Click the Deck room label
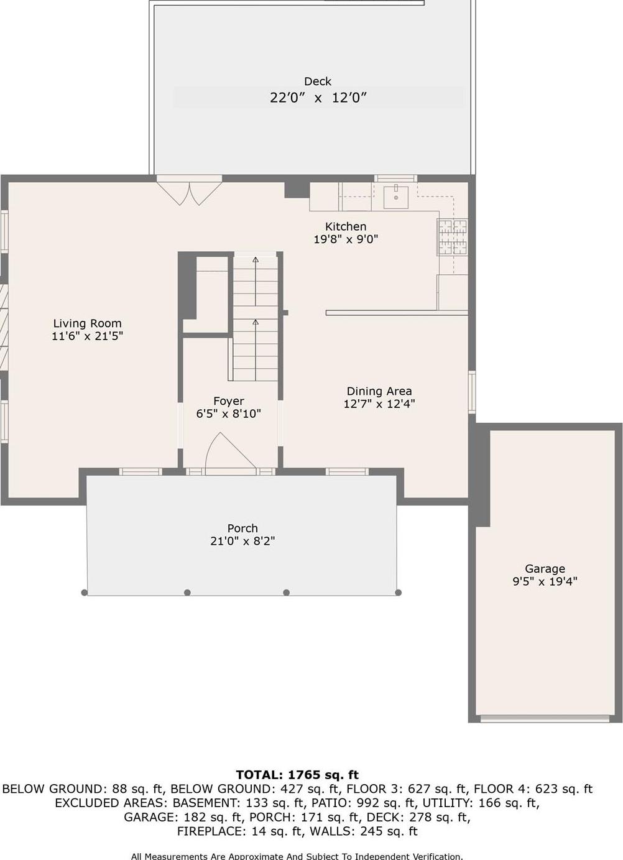[x=317, y=81]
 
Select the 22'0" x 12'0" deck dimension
[x=318, y=98]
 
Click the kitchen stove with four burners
[x=452, y=238]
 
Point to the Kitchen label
[x=346, y=226]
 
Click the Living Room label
[x=87, y=323]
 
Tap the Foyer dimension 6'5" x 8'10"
[x=229, y=414]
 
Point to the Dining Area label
[x=379, y=391]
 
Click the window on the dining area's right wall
[x=472, y=392]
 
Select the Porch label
[x=242, y=528]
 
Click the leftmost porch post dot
[x=85, y=593]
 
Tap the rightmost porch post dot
[x=399, y=593]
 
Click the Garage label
[x=545, y=568]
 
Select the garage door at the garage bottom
[x=545, y=719]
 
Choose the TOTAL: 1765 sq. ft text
[x=297, y=775]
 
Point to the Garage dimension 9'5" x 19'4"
[x=545, y=582]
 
